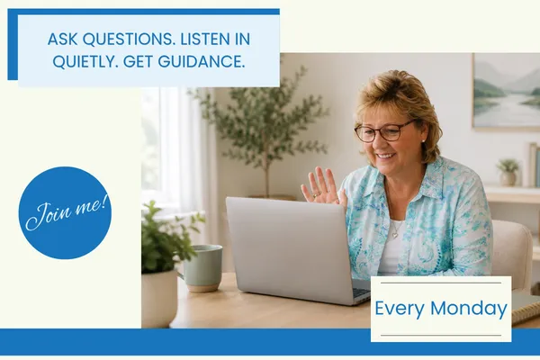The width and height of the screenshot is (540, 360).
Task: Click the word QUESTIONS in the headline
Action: (x=129, y=39)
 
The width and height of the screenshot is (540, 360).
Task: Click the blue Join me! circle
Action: (x=65, y=212)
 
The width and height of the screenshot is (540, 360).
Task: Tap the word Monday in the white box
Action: (x=469, y=308)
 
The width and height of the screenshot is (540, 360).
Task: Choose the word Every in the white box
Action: (x=400, y=309)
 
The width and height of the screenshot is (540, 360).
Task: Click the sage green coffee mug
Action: (x=202, y=268)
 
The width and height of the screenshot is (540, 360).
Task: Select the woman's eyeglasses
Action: (x=384, y=130)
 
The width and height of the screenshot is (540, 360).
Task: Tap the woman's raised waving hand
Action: (x=320, y=186)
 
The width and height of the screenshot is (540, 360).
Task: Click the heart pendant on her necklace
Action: (x=395, y=236)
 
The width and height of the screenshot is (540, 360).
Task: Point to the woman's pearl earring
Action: (x=423, y=141)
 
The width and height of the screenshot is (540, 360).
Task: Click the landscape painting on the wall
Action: (x=506, y=92)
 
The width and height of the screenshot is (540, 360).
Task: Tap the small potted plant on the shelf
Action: (x=508, y=172)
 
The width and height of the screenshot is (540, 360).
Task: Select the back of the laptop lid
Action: (x=289, y=248)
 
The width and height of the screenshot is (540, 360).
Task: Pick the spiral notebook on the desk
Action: (x=526, y=309)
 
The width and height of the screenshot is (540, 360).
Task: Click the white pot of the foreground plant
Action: (x=159, y=298)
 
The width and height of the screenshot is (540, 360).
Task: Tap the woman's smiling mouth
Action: (x=385, y=156)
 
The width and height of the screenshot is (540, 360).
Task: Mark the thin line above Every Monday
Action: (x=441, y=283)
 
